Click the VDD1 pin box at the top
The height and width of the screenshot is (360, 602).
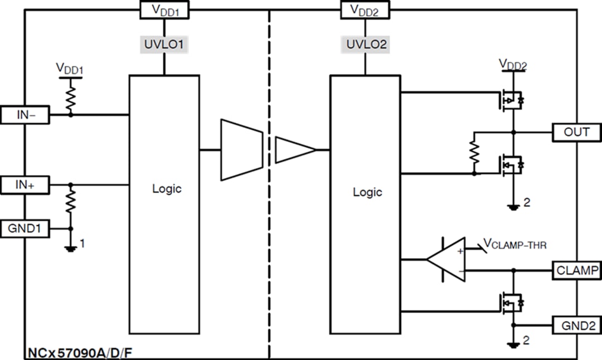tap(164, 9)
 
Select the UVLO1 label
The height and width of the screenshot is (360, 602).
tap(164, 45)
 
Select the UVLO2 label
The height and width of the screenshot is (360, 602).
tap(366, 45)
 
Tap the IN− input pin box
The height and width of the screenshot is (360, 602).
tap(26, 115)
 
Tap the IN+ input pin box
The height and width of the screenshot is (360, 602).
tap(26, 184)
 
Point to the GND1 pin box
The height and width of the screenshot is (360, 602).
tap(26, 228)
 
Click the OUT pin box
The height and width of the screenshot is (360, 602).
tap(576, 132)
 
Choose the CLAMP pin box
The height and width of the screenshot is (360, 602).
tap(576, 271)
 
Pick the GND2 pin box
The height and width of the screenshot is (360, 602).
tap(576, 325)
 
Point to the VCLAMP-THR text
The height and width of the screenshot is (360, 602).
tap(518, 243)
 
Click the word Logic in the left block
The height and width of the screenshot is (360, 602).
tap(167, 188)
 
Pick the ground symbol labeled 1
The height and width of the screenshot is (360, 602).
tap(71, 247)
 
